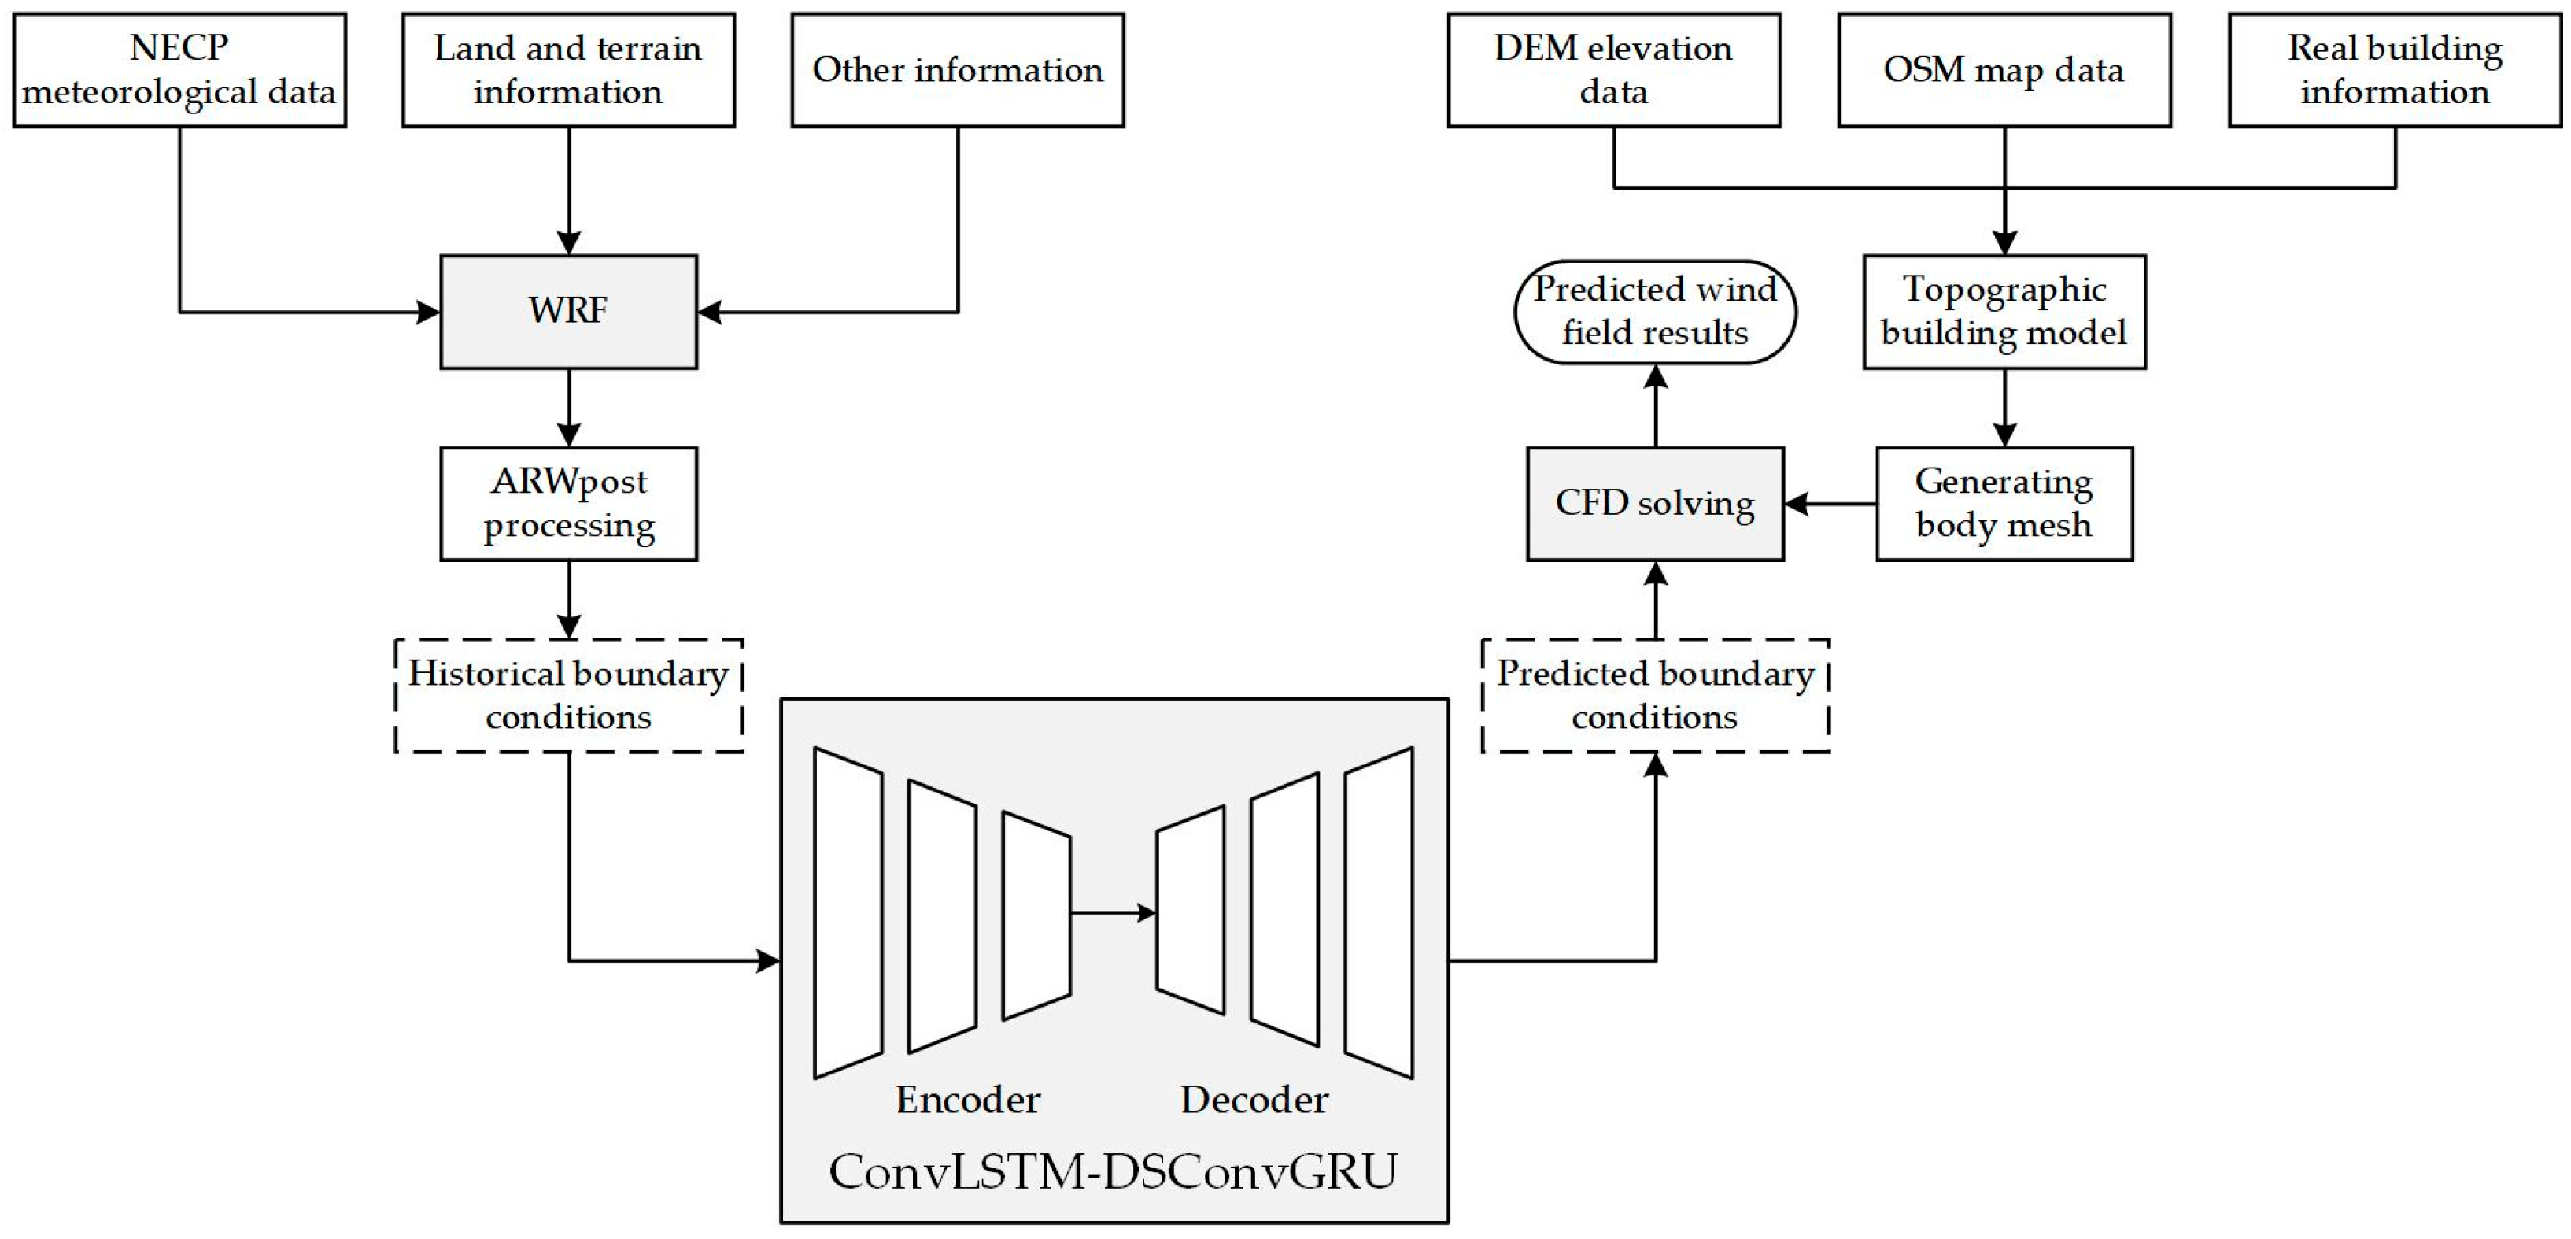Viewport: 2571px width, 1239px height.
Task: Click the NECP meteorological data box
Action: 179,70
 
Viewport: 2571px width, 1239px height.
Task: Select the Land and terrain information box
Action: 568,70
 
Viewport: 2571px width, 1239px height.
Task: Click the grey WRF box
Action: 568,312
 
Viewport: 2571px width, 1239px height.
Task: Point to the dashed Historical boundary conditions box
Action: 568,695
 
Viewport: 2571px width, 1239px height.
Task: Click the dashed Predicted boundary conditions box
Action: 1655,695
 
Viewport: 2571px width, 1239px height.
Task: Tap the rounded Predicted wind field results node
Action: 1655,312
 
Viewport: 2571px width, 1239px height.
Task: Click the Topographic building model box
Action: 2004,312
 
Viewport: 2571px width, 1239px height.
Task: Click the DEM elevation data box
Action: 1614,70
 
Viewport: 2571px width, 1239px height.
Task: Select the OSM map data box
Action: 2004,70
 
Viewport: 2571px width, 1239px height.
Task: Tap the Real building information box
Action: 2395,70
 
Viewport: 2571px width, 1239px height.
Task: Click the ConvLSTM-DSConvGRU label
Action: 1113,1172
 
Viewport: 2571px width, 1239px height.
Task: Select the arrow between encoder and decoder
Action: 1113,912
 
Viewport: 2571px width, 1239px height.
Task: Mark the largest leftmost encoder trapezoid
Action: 848,912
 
